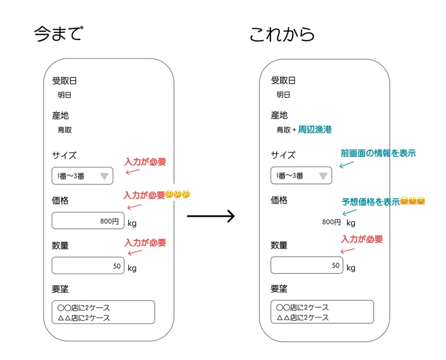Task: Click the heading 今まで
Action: tap(59, 33)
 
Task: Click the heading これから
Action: tap(282, 34)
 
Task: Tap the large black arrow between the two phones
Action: tap(211, 216)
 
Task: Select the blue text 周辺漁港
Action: tap(314, 130)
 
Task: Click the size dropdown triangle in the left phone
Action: tap(104, 176)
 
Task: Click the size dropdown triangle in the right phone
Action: tap(323, 176)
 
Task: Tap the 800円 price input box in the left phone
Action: tap(88, 220)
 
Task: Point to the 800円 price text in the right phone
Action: tap(331, 222)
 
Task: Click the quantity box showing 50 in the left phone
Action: tap(88, 266)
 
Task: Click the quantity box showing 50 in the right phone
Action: tap(307, 265)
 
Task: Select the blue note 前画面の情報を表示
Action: tap(378, 153)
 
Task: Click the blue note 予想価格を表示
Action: tap(370, 202)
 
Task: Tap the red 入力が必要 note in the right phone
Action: tap(362, 239)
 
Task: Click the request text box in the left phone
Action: tap(103, 312)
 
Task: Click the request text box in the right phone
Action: tap(322, 312)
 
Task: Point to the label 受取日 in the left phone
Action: tap(64, 81)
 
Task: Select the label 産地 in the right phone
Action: tap(279, 115)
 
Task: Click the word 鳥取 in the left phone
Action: tap(65, 130)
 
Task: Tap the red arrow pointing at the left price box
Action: tap(134, 207)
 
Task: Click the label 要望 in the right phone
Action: tap(279, 289)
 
